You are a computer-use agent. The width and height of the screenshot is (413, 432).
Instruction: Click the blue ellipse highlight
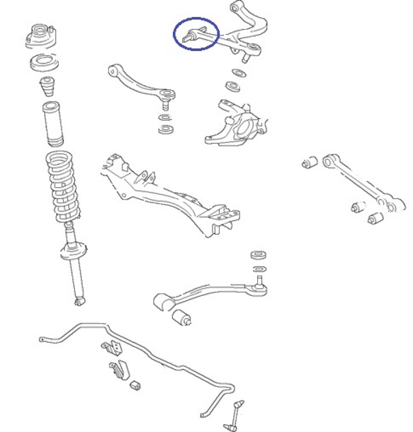(196, 34)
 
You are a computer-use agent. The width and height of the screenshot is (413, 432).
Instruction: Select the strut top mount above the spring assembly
(42, 37)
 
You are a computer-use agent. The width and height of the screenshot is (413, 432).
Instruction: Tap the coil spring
(63, 186)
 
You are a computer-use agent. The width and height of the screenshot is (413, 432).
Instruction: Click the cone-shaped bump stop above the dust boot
(48, 86)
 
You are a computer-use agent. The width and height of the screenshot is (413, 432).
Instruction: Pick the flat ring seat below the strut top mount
(44, 63)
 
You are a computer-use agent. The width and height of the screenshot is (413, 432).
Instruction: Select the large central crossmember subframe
(170, 193)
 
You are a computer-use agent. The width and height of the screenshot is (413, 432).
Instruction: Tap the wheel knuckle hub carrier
(237, 124)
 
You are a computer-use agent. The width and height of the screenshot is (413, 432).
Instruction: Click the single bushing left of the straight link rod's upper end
(309, 162)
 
